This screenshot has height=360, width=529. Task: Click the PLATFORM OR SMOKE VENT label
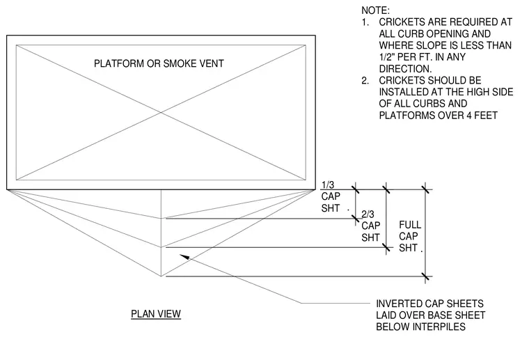159,63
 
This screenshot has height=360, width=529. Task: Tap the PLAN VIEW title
156,314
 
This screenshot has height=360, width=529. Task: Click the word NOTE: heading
375,10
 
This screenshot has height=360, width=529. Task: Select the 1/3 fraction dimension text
328,185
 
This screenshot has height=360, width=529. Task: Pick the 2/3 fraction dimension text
368,214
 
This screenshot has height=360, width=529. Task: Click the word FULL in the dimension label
410,225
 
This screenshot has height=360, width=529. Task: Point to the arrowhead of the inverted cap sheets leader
184,257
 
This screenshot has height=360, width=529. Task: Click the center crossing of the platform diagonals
161,112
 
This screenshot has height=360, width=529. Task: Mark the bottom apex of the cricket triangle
161,276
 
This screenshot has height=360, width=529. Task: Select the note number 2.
365,81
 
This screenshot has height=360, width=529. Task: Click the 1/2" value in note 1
388,57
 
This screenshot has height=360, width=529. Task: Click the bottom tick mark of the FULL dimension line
425,276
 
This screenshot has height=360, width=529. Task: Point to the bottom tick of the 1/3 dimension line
355,218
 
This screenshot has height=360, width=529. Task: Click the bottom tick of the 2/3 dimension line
386,248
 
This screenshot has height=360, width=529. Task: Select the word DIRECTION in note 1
405,69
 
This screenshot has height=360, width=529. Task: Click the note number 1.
365,22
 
